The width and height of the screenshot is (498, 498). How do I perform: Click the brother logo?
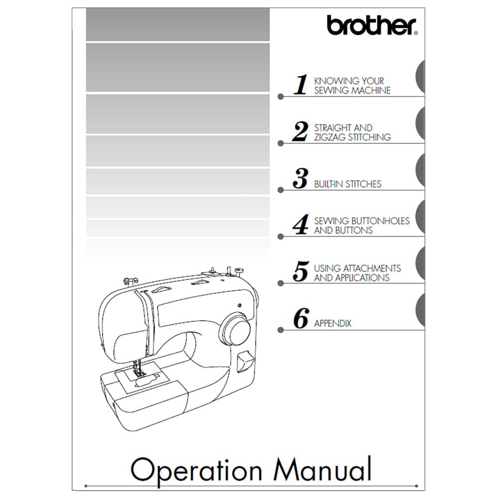(372, 25)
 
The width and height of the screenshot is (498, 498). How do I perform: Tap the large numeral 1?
(300, 84)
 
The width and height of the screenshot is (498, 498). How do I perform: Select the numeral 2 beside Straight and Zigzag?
(300, 131)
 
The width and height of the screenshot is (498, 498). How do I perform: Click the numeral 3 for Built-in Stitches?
(300, 178)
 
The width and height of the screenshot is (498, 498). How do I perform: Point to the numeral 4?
(300, 224)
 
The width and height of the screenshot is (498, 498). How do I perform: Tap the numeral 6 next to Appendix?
(301, 318)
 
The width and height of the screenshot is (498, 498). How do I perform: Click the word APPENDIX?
(333, 323)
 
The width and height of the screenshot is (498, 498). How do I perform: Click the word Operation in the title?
(196, 471)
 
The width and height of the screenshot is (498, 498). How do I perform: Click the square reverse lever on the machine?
(245, 361)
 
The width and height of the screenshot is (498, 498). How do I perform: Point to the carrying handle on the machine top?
(161, 289)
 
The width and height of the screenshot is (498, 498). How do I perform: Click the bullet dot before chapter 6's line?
(280, 330)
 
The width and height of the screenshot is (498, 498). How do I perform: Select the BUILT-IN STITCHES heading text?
(348, 184)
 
